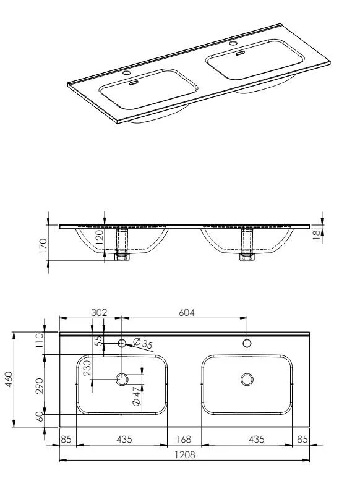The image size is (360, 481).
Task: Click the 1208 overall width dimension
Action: pos(185,454)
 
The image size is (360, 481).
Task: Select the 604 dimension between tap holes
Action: pos(187,313)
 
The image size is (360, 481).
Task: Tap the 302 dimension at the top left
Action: pos(99,313)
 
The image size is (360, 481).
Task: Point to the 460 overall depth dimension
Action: pos(9,379)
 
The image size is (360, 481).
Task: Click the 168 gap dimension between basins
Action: pos(183,440)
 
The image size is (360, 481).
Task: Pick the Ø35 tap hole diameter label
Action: pos(143,344)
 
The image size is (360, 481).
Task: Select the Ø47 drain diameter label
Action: pos(136,396)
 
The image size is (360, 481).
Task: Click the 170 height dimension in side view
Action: pos(43,245)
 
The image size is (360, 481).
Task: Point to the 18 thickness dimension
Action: pos(316,234)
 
